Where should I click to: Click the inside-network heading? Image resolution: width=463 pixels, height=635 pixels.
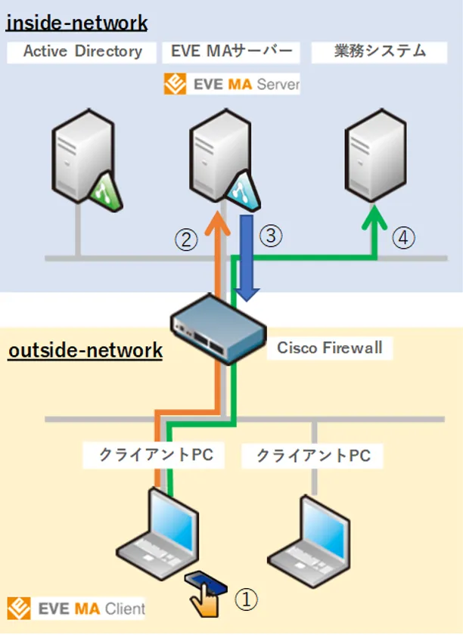tap(76, 23)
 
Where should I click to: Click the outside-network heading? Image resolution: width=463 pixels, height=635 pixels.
tap(85, 351)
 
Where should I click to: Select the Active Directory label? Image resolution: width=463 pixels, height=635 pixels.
tap(82, 52)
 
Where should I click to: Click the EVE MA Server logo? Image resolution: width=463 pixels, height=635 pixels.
tap(231, 84)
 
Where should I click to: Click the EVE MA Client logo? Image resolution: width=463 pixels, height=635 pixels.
tap(76, 609)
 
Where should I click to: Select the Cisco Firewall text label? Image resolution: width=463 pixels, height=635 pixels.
tap(329, 348)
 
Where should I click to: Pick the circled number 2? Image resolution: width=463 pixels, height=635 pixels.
tap(187, 240)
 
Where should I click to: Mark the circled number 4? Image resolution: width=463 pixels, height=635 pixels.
tap(403, 239)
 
